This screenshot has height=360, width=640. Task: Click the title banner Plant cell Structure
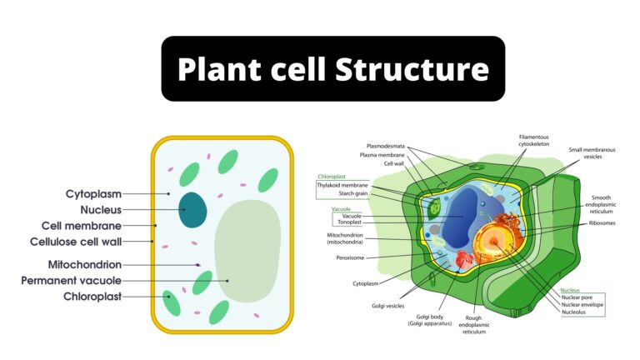pyautogui.click(x=332, y=69)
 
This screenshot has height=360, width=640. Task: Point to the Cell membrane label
pyautogui.click(x=82, y=226)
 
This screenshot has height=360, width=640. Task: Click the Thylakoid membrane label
pyautogui.click(x=342, y=185)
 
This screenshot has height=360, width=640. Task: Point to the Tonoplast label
pyautogui.click(x=349, y=222)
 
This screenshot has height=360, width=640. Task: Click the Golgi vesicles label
pyautogui.click(x=388, y=306)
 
